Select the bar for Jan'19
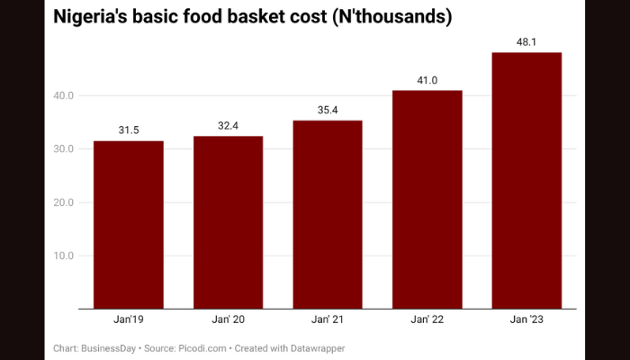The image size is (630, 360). [129, 225]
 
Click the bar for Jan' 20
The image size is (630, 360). [228, 222]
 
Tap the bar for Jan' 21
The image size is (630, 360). [328, 214]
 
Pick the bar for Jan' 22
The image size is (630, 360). [427, 200]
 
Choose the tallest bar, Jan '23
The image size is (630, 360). [526, 180]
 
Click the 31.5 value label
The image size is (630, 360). [129, 130]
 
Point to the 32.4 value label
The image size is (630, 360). [228, 126]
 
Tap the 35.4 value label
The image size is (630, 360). [328, 110]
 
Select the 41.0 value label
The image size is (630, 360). [427, 80]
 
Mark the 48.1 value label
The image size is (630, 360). [526, 42]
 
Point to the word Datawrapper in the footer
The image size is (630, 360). [314, 347]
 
